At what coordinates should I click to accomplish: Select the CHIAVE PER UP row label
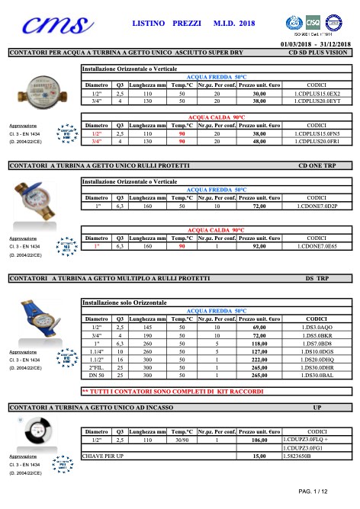(x=104, y=455)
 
